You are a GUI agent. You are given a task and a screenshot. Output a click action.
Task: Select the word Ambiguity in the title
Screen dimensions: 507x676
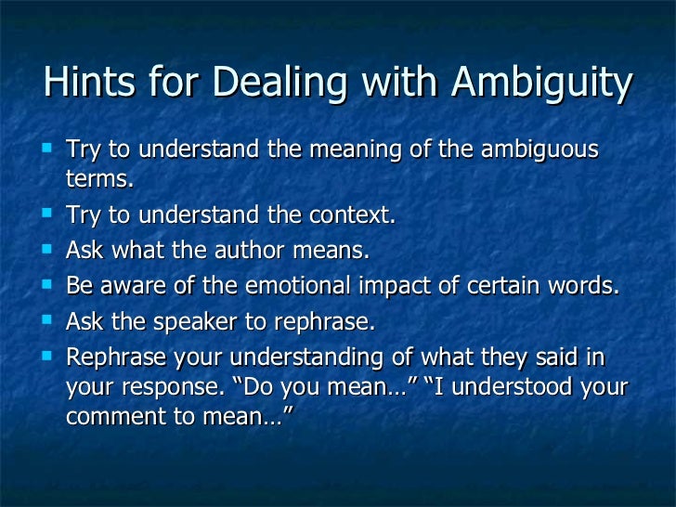[x=540, y=84]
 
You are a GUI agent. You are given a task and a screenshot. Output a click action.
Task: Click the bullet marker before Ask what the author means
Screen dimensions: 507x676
[x=48, y=249]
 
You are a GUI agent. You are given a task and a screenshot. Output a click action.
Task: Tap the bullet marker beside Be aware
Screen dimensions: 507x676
[x=48, y=284]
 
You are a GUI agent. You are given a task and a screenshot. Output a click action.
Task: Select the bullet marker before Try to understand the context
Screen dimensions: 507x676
[x=48, y=214]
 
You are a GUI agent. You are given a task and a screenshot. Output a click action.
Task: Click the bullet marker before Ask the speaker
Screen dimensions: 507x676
[x=48, y=319]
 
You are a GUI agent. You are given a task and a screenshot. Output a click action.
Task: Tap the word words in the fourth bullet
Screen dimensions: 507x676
[x=585, y=285]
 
